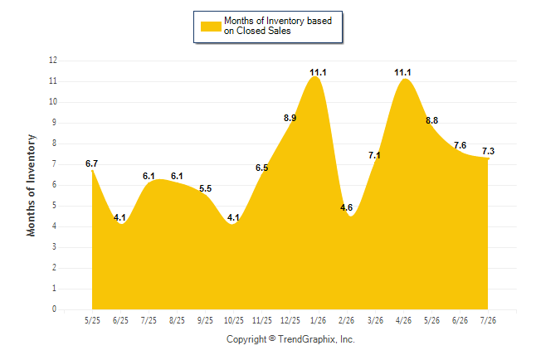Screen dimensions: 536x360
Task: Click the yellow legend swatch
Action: (x=211, y=27)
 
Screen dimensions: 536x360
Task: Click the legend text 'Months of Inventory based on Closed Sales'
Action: (x=278, y=26)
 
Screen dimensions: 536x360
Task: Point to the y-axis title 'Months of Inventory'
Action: (x=31, y=185)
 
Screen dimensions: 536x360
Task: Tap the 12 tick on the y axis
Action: (x=53, y=61)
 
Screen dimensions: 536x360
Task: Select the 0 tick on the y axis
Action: (x=54, y=309)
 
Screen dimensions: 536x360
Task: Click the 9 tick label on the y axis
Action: (x=54, y=123)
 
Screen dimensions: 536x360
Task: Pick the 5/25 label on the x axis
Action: (x=92, y=320)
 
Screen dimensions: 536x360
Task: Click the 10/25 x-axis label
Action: (x=234, y=320)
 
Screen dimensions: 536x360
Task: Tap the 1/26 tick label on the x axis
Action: (x=319, y=320)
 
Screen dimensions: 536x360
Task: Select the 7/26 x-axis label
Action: (x=488, y=320)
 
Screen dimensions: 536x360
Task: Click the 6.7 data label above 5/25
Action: (x=91, y=163)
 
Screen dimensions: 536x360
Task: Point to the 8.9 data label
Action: (x=290, y=118)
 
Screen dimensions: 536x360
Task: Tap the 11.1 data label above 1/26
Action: (x=318, y=72)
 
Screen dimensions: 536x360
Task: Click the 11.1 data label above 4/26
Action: (x=402, y=72)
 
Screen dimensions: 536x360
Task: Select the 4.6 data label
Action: (x=346, y=207)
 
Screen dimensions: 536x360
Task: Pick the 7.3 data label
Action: (x=488, y=151)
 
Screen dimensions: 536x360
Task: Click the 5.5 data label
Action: (x=206, y=188)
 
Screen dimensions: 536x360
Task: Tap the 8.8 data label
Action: (x=431, y=120)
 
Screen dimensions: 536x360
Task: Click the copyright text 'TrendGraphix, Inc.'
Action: (x=316, y=339)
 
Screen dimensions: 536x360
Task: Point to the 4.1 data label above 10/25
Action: (x=233, y=217)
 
